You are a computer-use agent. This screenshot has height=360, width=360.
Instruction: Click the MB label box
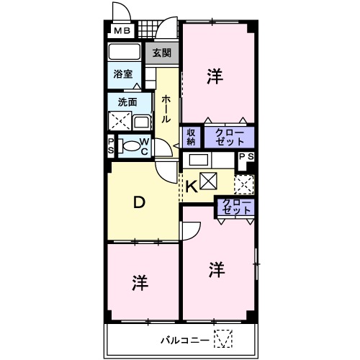pyautogui.click(x=120, y=31)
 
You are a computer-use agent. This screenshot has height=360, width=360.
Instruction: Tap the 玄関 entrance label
pyautogui.click(x=162, y=53)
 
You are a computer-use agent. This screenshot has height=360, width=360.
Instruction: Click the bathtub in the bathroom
pyautogui.click(x=125, y=53)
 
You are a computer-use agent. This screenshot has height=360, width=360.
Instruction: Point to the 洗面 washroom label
pyautogui.click(x=127, y=102)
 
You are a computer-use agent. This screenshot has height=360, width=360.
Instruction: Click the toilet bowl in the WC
pyautogui.click(x=130, y=145)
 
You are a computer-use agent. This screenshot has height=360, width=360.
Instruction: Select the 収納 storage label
pyautogui.click(x=192, y=137)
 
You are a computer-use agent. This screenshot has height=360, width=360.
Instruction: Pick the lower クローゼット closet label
pyautogui.click(x=237, y=207)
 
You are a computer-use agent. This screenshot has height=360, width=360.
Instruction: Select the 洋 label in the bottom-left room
pyautogui.click(x=140, y=283)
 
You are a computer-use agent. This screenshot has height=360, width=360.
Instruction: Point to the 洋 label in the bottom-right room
pyautogui.click(x=217, y=270)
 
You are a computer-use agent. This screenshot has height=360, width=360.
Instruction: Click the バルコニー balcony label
pyautogui.click(x=184, y=339)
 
